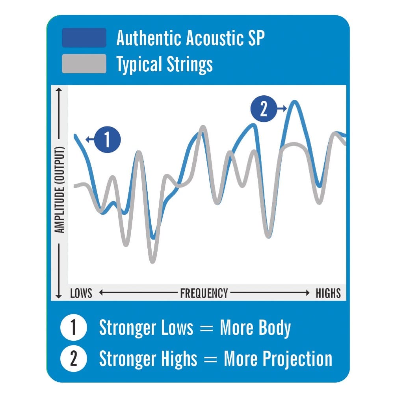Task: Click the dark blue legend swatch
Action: pos(84,38)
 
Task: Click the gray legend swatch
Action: pos(84,63)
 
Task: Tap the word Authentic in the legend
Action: pos(149,38)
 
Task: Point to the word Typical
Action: pos(139,65)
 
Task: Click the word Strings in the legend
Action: pos(190,65)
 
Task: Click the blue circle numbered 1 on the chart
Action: pos(107,139)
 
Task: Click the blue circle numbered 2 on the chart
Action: pos(264,109)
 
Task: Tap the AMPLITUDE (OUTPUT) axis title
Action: pos(59,190)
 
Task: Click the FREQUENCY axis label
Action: pos(204,293)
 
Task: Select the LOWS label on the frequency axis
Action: pos(81,293)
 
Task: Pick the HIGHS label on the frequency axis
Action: pos(328,293)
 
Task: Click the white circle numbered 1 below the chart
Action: pos(74,327)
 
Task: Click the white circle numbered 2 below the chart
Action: pos(74,358)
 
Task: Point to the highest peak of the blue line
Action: pos(294,102)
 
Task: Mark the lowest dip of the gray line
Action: pos(152,261)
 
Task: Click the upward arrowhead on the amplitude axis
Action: pos(59,90)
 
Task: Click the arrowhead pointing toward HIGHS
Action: pos(307,292)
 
